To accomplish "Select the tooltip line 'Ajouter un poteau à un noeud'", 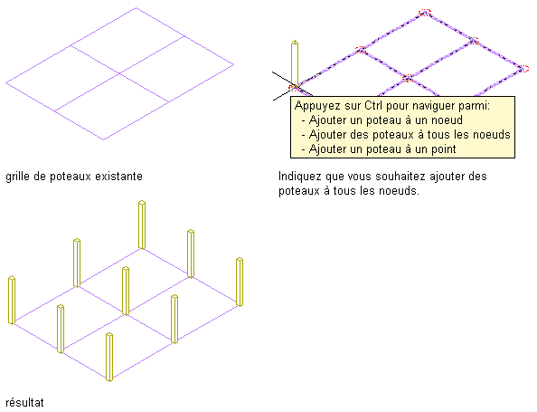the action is point(386,120).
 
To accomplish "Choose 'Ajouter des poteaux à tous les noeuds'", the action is point(410,135).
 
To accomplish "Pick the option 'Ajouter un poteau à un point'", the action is point(382,149).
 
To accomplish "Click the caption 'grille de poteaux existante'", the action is point(74,177).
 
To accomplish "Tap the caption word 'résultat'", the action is point(24,402).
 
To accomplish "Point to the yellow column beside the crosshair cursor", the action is point(295,63).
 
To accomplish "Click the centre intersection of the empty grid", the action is point(119,73).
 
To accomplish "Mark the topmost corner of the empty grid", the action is point(136,7).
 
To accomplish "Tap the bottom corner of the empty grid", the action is point(104,139).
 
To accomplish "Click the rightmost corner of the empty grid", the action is point(234,64).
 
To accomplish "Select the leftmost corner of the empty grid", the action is point(5,82).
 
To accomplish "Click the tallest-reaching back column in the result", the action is point(142,225).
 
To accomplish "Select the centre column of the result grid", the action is point(126,291).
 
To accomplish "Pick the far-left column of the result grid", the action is point(12,300).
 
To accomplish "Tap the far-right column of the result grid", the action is point(240,282).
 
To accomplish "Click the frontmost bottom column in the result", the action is point(109,357).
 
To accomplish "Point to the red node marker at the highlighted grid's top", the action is point(425,13).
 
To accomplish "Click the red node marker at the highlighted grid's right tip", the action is point(523,69).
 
